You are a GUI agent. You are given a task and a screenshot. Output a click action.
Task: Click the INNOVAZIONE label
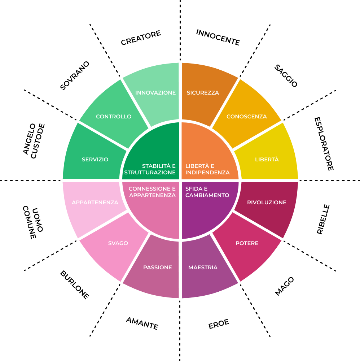(x=155, y=93)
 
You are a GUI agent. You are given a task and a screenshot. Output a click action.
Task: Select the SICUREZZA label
(x=203, y=93)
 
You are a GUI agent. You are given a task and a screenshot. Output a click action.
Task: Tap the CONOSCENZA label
(x=247, y=117)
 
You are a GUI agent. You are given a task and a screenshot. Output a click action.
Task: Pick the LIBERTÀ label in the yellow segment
(x=267, y=160)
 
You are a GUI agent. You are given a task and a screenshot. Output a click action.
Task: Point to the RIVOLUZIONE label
(x=267, y=203)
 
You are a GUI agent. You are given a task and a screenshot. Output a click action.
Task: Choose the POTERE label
(x=247, y=243)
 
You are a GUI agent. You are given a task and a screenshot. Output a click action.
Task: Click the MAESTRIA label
(x=203, y=268)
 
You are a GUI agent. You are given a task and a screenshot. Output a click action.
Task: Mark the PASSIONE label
(x=157, y=268)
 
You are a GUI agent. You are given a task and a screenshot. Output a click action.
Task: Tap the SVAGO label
(x=118, y=243)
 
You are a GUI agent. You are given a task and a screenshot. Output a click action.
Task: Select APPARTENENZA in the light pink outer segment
(x=95, y=203)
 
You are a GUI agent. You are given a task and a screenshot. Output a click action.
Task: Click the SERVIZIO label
(x=95, y=160)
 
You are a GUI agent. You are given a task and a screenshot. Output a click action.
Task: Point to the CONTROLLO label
(x=114, y=117)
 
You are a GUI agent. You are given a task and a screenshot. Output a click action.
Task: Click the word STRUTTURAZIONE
(x=150, y=173)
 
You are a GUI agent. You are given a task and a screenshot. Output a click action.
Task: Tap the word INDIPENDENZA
(x=207, y=173)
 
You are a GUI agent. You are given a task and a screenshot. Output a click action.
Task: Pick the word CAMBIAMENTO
(x=207, y=195)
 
